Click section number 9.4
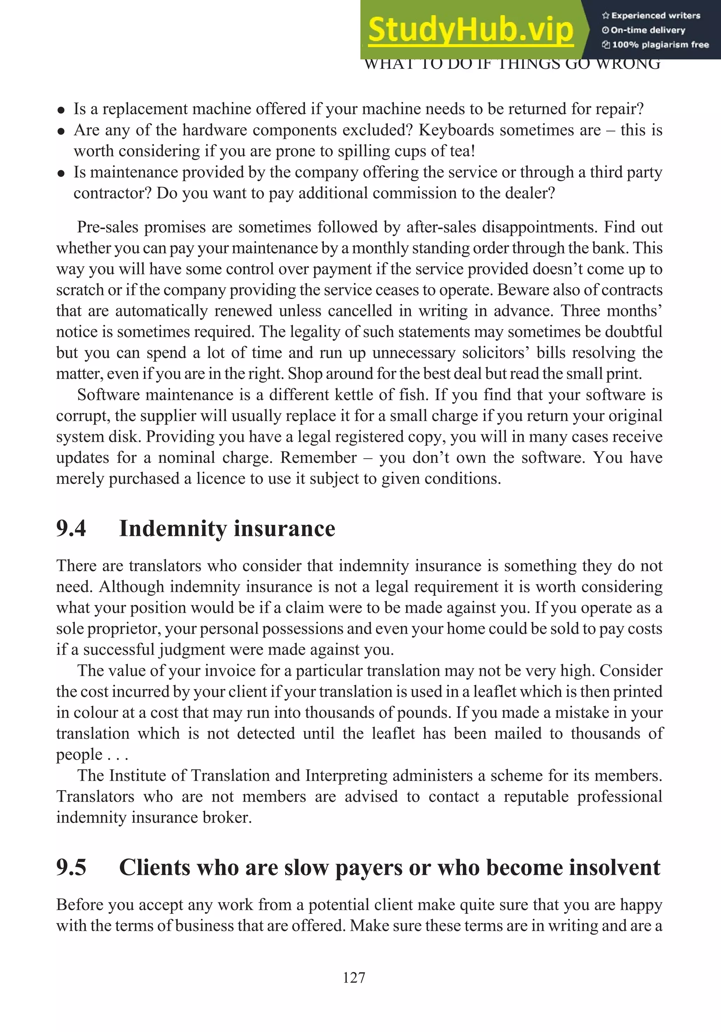pos(71,528)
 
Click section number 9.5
pos(71,867)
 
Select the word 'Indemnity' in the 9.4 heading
pos(172,529)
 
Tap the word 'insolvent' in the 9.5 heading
pos(614,867)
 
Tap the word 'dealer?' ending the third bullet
pos(533,193)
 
